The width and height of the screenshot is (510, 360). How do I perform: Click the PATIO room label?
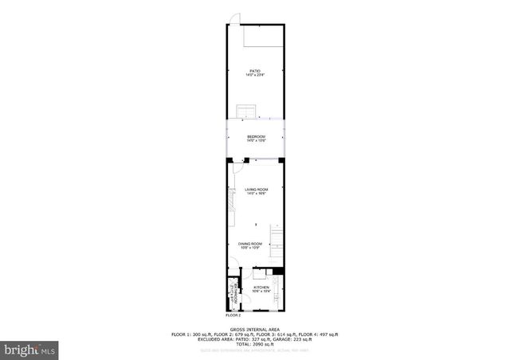pyautogui.click(x=255, y=71)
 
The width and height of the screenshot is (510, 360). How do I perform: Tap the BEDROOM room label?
pyautogui.click(x=255, y=137)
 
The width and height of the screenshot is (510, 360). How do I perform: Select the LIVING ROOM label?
pyautogui.click(x=255, y=189)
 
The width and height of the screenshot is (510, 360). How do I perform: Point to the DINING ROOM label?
pyautogui.click(x=250, y=244)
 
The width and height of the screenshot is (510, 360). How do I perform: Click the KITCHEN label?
pyautogui.click(x=261, y=287)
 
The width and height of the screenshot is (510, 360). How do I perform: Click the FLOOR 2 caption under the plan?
pyautogui.click(x=233, y=316)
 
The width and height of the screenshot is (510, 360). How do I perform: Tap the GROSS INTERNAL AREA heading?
pyautogui.click(x=255, y=329)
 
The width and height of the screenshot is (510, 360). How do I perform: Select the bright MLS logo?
pyautogui.click(x=31, y=349)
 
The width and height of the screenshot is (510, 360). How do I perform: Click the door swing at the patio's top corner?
pyautogui.click(x=234, y=19)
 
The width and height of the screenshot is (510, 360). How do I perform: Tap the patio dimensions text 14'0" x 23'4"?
pyautogui.click(x=255, y=75)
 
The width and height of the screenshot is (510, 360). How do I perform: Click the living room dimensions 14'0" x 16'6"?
pyautogui.click(x=255, y=194)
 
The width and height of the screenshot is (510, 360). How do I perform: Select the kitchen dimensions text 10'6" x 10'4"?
pyautogui.click(x=261, y=291)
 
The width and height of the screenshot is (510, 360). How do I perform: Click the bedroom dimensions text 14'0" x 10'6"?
pyautogui.click(x=255, y=141)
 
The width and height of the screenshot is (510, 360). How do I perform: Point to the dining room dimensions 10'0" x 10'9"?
pyautogui.click(x=250, y=248)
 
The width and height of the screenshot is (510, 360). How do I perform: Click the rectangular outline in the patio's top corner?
pyautogui.click(x=262, y=35)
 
